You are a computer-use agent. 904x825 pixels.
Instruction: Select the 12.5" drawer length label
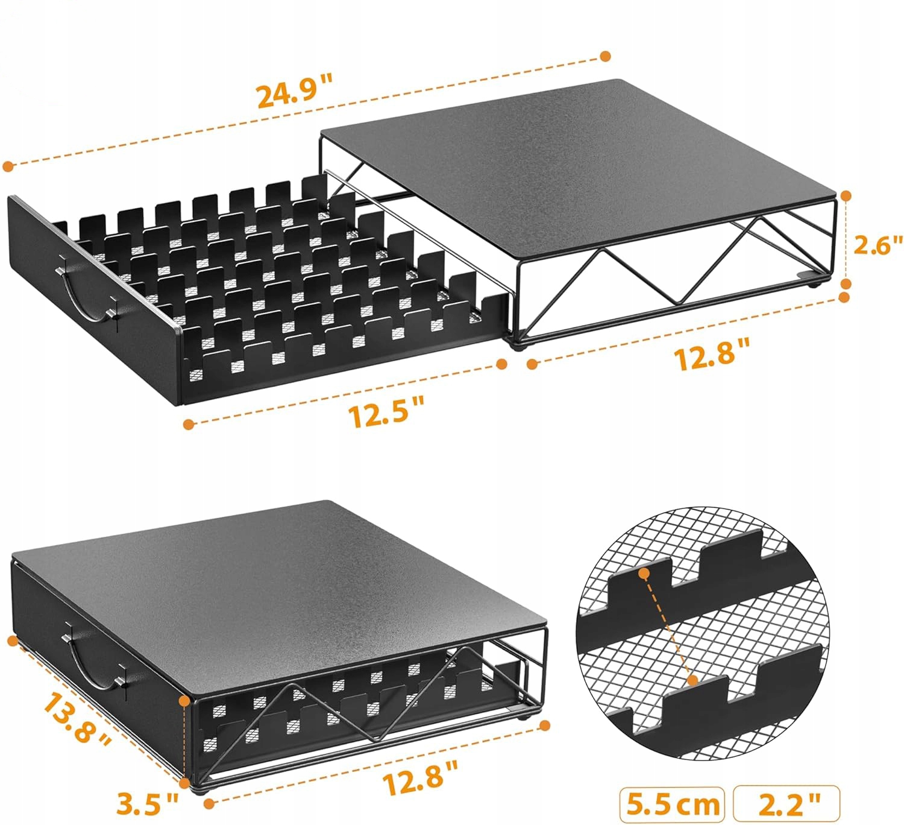386,411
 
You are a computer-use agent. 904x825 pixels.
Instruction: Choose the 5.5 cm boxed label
673,804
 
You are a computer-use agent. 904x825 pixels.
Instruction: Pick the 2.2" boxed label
786,803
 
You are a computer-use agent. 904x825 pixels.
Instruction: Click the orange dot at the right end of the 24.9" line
606,56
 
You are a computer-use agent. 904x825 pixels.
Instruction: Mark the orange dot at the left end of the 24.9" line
8,166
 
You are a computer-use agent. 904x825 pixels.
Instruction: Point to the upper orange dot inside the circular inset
645,574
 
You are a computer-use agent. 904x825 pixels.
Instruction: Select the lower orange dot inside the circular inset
693,680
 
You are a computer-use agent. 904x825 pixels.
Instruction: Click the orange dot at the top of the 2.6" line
846,196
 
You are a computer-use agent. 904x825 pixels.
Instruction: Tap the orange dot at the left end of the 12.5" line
189,424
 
